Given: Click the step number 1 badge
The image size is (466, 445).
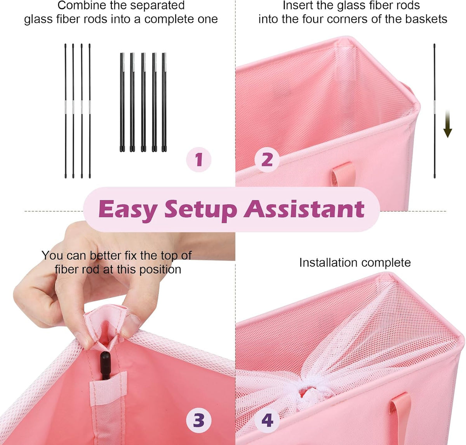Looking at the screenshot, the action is [198, 160].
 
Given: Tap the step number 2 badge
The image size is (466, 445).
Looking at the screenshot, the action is [267, 160].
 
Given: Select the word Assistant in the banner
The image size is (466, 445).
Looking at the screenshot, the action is [304, 209].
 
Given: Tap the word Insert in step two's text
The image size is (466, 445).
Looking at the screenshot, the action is [297, 5].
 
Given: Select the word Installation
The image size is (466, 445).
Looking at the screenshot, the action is [325, 262].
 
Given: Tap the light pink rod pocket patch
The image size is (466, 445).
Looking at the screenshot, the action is [108, 388].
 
